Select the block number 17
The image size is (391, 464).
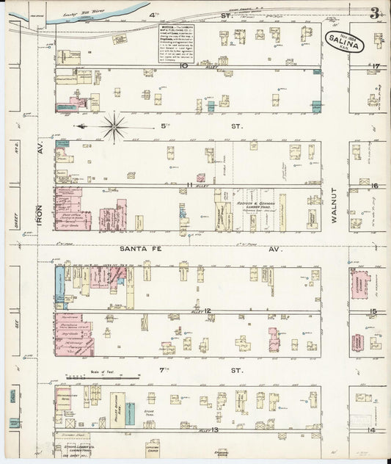click(375, 68)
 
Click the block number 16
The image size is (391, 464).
click(374, 186)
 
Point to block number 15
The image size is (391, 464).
click(373, 312)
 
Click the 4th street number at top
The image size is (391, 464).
click(154, 15)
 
